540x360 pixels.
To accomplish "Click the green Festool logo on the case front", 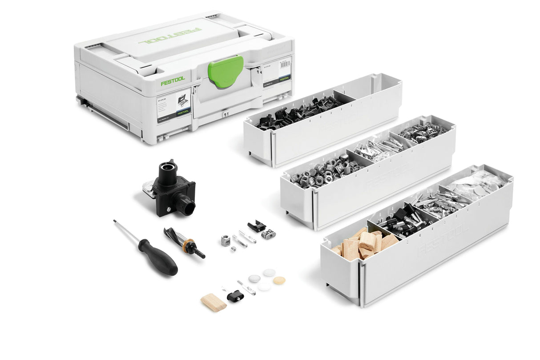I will (x=172, y=83).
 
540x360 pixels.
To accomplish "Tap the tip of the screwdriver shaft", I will (x=115, y=221).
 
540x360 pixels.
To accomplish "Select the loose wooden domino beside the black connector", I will (x=214, y=302).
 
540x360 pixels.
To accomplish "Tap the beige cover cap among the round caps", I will (x=279, y=280).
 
